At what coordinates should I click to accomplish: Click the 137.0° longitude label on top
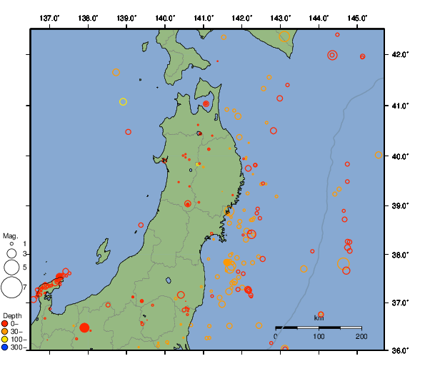50,17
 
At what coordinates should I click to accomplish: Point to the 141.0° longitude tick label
204,17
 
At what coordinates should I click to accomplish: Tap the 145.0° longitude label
357,17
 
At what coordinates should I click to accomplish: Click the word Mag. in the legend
10,235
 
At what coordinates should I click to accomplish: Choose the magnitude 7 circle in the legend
11,288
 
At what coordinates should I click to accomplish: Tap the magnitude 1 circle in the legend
11,244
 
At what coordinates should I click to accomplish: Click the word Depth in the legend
12,315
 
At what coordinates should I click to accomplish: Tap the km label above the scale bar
319,317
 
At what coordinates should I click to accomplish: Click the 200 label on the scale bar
361,336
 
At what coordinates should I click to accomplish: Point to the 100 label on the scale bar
319,336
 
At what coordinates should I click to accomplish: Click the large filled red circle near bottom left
84,327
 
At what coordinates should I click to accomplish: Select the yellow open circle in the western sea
123,102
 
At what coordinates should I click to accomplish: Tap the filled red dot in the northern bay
206,104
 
